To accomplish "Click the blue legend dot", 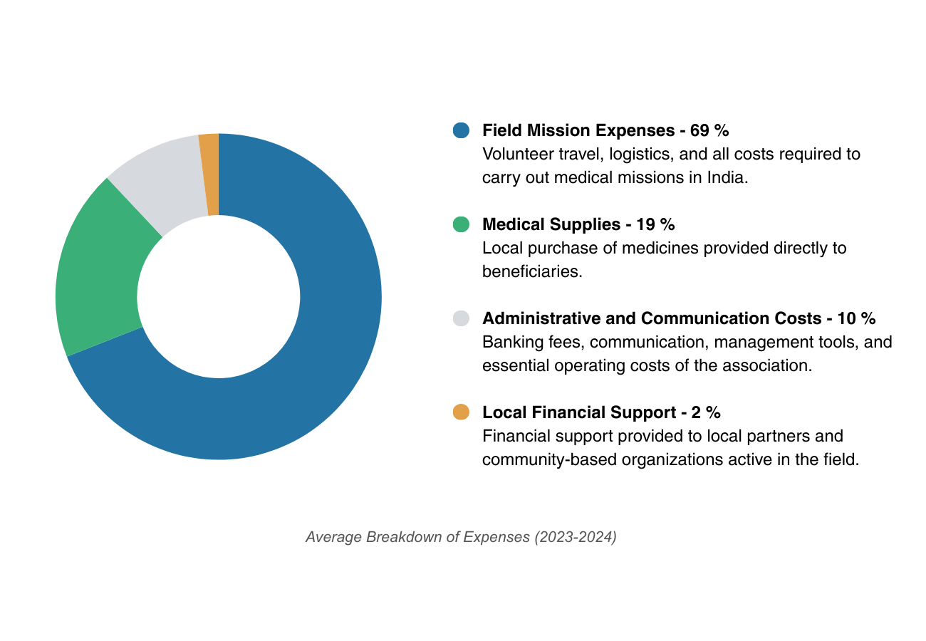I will point(461,130).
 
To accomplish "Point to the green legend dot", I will point(461,224).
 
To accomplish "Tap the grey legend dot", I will point(461,318).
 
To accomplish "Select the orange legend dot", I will point(461,412).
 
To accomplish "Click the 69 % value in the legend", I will point(709,130).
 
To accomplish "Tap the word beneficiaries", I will point(531,271).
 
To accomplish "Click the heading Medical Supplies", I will point(551,224).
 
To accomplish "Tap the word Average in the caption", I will point(333,537).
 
